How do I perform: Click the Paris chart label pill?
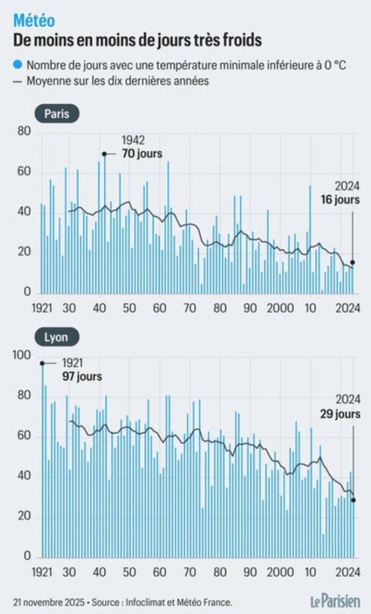(57, 114)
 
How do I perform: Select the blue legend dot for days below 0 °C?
(18, 65)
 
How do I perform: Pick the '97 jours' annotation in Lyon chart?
(82, 377)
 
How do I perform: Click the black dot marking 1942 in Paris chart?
(104, 153)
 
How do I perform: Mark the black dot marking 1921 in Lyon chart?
(42, 363)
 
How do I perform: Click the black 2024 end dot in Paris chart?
(353, 262)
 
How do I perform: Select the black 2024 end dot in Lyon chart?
(353, 500)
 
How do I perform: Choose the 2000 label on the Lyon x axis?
(280, 572)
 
